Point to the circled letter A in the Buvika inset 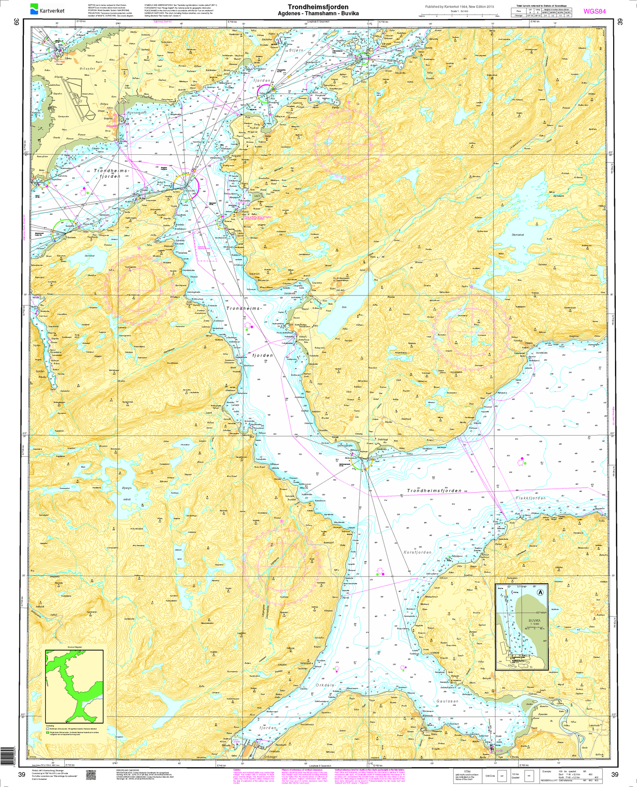tap(540, 593)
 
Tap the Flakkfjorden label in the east tap(530, 498)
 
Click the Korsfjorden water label tap(418, 552)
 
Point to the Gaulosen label tap(447, 701)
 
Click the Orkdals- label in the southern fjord tap(326, 685)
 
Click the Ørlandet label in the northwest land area tap(87, 69)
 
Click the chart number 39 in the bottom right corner tap(615, 774)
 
